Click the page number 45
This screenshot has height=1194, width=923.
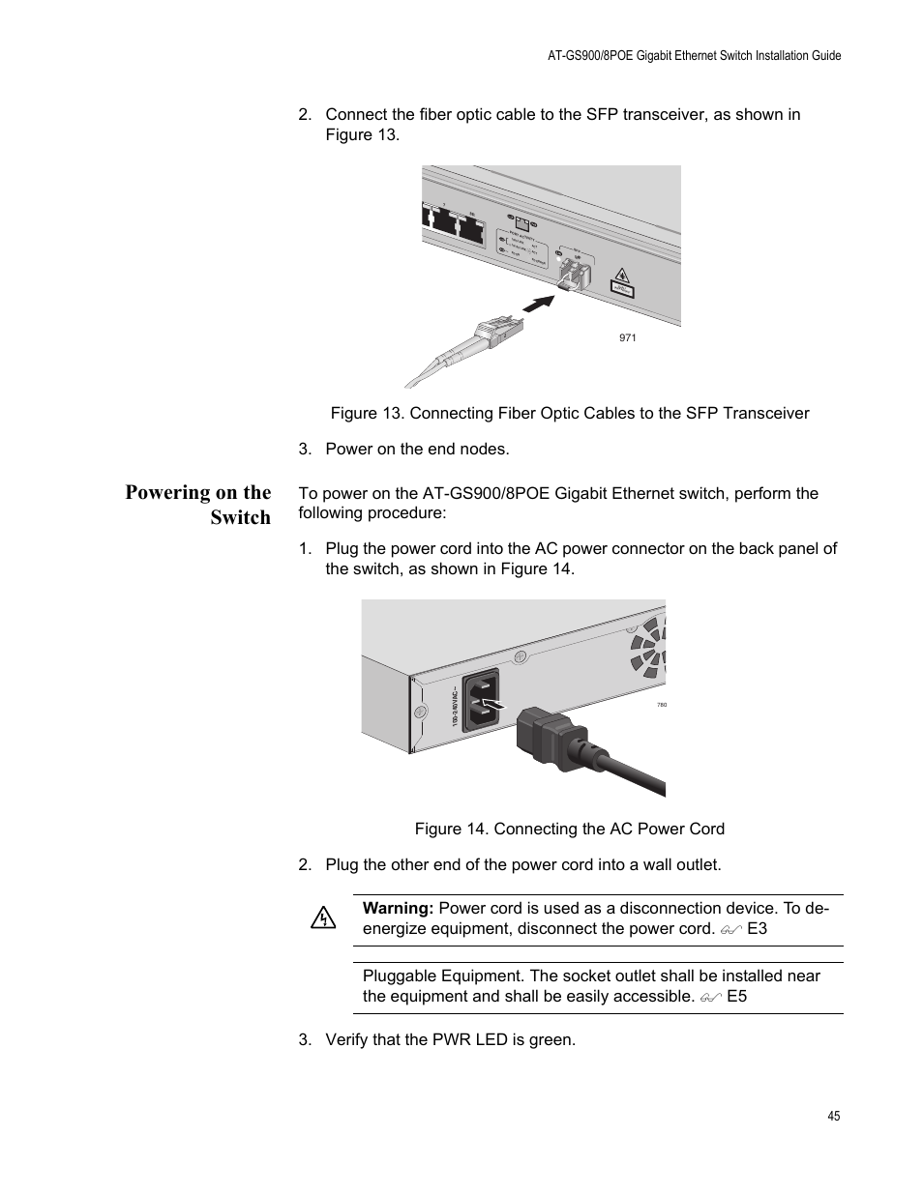click(x=834, y=1116)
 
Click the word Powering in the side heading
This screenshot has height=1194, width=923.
click(x=168, y=492)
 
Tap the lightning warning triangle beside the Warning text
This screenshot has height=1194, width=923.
click(x=323, y=917)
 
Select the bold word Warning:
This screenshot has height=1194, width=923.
click(x=398, y=908)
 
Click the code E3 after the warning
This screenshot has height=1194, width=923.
click(x=758, y=928)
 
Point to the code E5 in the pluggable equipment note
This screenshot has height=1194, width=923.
click(x=737, y=996)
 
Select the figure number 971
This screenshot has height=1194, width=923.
click(x=628, y=337)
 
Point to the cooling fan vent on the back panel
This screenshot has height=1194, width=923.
click(x=648, y=645)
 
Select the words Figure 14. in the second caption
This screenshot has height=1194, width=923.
click(x=452, y=829)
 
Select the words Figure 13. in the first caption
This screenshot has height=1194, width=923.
click(x=367, y=413)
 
